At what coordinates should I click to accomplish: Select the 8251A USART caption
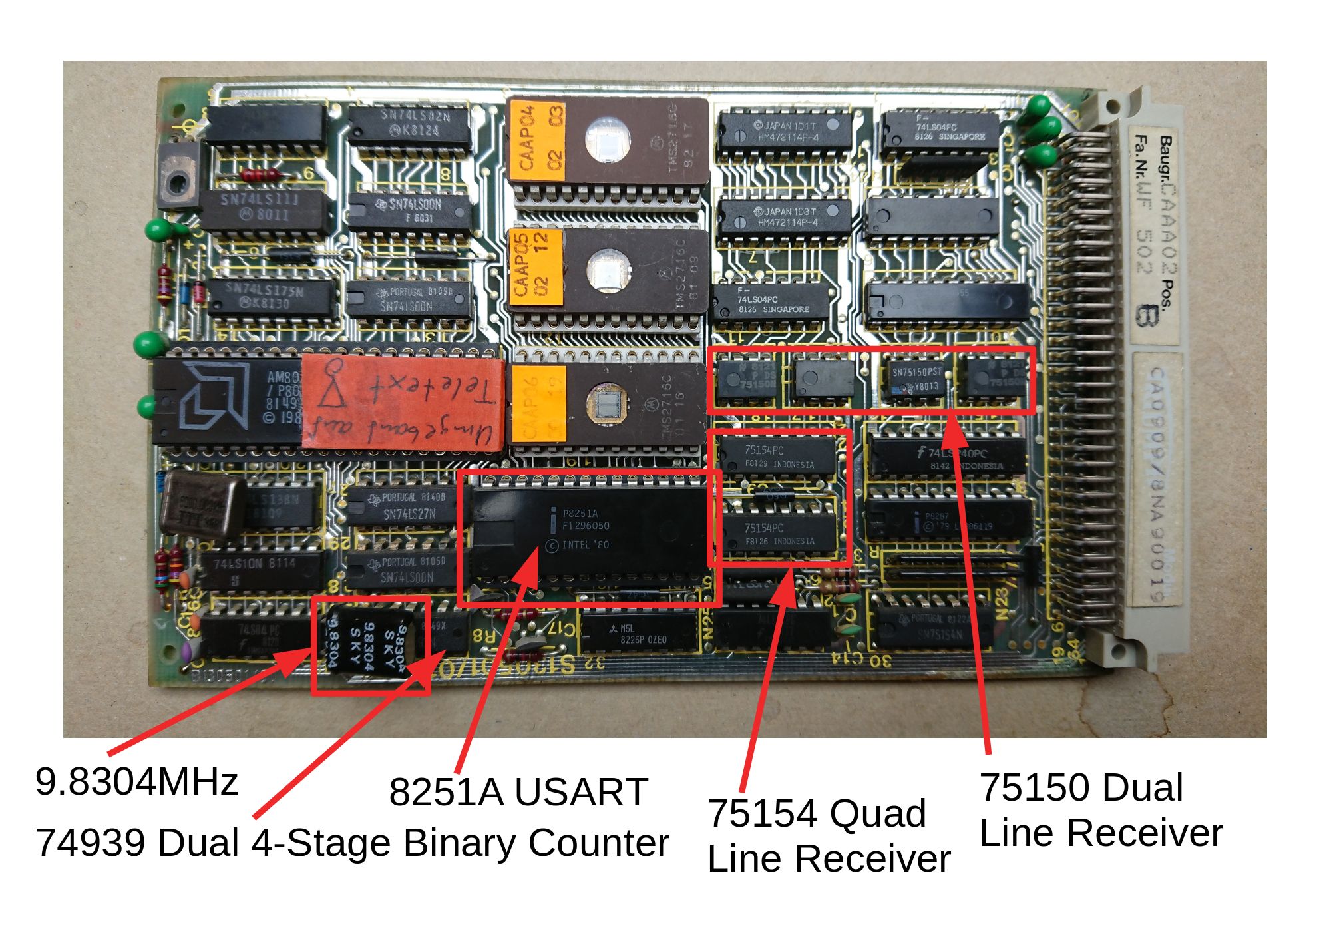pos(518,791)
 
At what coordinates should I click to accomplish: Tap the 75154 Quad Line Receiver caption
pos(828,835)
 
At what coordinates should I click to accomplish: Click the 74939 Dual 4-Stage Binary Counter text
pos(351,843)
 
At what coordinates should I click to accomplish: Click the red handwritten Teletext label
pos(402,402)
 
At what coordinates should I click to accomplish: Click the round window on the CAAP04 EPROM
pos(607,140)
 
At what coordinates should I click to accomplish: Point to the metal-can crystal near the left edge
pos(202,506)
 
